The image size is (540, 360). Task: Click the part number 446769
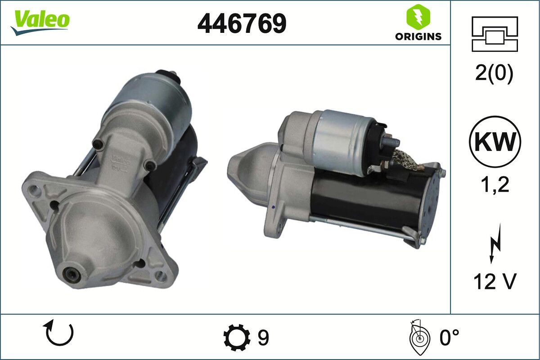pos(242,23)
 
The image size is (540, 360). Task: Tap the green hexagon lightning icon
pos(418,16)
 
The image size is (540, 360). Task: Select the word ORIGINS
pos(418,36)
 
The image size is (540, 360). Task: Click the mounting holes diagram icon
pos(495,34)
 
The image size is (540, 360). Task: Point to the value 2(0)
pos(494,74)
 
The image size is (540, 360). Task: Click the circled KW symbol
pos(495,142)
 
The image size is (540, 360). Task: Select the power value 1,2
pos(495,184)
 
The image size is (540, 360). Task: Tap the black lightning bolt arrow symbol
pos(495,243)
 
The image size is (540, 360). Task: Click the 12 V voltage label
pos(495,281)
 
